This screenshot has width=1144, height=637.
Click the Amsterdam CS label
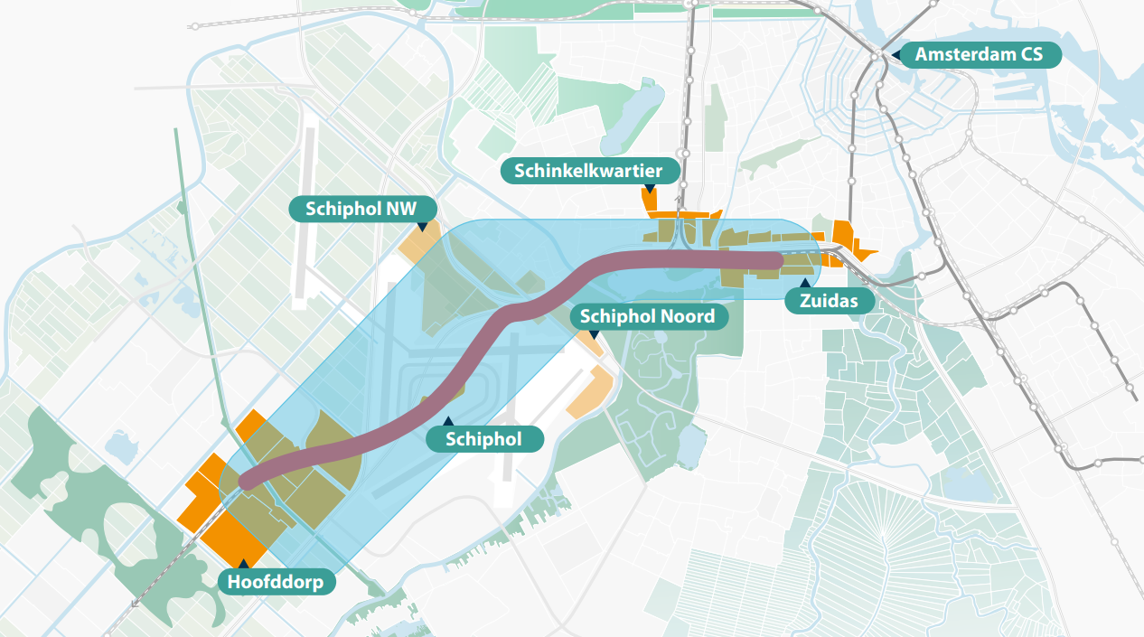pos(979,54)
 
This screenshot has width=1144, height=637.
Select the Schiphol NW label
pos(361,209)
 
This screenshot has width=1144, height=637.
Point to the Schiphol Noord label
pos(647,316)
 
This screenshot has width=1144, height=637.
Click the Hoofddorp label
pos(276,582)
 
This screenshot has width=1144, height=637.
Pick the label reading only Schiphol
pos(484,440)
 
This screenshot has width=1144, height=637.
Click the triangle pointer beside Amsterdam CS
pos(895,55)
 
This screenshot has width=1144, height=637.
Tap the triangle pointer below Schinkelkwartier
pos(648,191)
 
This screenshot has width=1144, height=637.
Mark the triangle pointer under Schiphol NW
pos(422,226)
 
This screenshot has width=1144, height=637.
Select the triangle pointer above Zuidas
pos(803,284)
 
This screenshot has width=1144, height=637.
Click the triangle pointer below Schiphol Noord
pos(594,335)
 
